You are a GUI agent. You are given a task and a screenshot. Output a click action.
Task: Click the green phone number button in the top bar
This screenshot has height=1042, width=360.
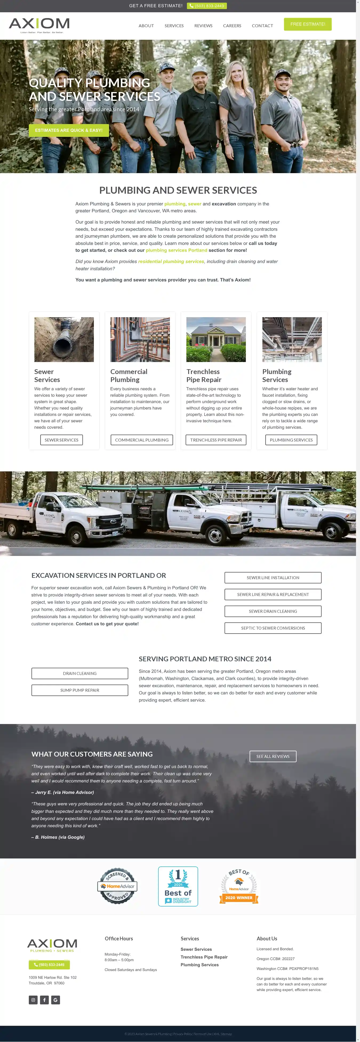[x=207, y=6]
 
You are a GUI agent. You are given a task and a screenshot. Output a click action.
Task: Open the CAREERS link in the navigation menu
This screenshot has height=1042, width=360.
[x=232, y=26]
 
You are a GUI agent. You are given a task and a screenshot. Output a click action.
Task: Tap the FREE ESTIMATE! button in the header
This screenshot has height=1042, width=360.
[x=307, y=24]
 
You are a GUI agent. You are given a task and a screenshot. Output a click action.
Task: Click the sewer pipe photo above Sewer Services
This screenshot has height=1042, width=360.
[x=64, y=339]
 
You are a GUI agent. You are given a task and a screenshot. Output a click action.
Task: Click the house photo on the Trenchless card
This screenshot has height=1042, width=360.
[x=216, y=339]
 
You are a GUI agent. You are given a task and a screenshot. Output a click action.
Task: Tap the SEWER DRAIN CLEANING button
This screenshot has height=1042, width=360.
[x=273, y=611]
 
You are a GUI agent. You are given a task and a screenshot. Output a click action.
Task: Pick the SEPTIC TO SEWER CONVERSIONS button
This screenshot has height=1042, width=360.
[x=273, y=628]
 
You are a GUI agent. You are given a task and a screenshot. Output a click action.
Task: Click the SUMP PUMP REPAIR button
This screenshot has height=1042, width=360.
[x=80, y=690]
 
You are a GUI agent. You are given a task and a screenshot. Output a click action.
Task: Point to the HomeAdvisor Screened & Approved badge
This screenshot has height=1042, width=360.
[x=117, y=886]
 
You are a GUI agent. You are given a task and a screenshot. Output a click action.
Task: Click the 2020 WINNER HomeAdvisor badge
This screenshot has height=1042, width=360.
[x=239, y=886]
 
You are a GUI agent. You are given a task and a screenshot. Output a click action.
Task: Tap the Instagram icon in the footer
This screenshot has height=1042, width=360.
[x=33, y=1000]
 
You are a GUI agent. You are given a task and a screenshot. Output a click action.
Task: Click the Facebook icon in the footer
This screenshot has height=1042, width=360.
[x=45, y=1000]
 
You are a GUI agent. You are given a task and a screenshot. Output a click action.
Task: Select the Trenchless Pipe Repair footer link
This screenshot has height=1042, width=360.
[x=204, y=957]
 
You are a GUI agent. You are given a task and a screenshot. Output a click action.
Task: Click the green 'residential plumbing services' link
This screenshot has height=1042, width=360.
[x=171, y=261]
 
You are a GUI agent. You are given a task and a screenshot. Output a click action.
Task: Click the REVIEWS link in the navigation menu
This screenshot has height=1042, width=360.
[x=203, y=26]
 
